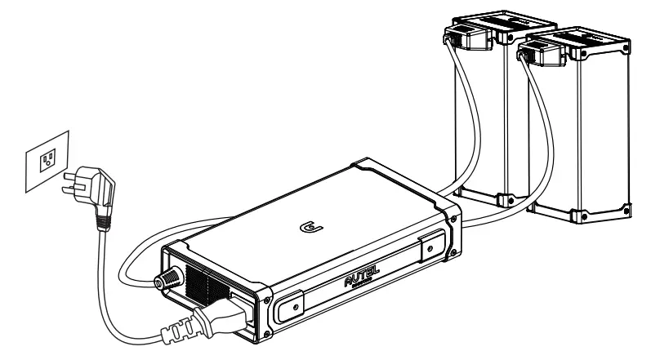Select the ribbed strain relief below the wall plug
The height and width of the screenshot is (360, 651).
pos(101,213)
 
